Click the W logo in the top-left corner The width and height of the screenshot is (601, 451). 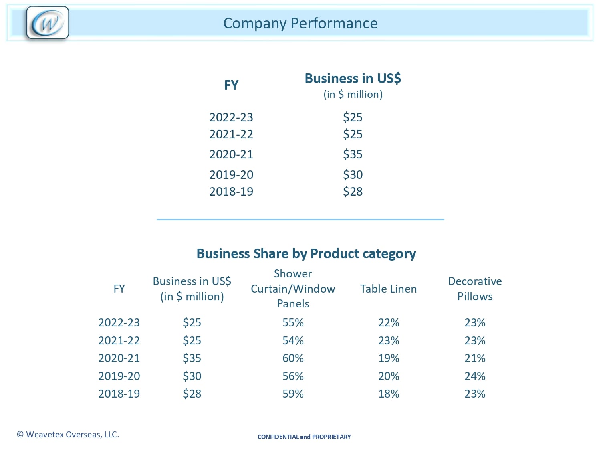47,23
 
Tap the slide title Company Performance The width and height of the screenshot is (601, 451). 300,23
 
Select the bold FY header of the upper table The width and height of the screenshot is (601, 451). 231,85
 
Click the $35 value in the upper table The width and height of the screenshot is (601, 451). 353,154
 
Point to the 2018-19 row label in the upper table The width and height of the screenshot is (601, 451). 231,192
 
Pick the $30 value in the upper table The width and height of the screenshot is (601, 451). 353,175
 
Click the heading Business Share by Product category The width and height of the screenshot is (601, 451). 306,253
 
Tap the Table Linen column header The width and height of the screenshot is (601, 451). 388,289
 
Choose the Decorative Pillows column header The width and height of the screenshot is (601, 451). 475,289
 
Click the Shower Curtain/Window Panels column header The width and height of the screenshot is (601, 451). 293,289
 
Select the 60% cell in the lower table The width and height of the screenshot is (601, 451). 293,358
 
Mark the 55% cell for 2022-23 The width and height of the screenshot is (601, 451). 293,322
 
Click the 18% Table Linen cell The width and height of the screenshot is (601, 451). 389,394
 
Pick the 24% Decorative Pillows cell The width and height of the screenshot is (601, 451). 475,376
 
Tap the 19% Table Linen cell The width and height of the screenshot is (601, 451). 389,358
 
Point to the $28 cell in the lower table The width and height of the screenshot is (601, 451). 192,394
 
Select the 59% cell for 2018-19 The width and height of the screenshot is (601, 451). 293,394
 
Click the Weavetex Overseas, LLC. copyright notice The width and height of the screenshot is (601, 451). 68,435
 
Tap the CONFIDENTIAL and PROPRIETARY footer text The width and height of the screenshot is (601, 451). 304,437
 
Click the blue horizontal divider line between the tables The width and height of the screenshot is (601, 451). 300,220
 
